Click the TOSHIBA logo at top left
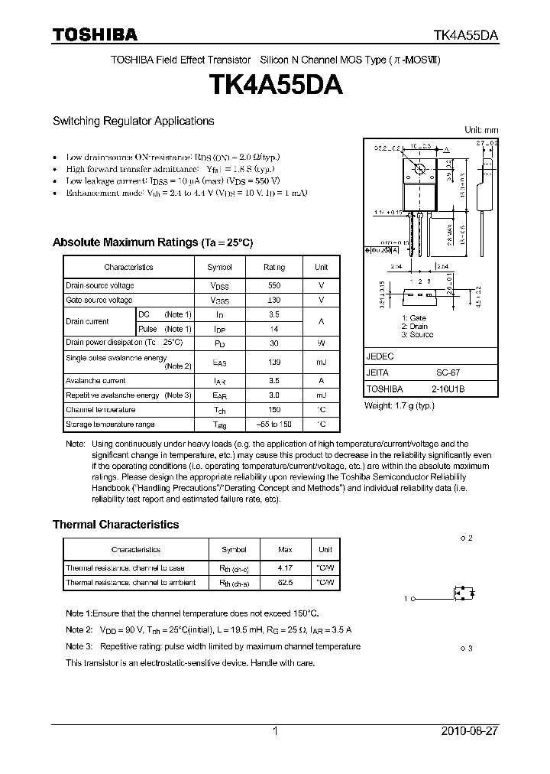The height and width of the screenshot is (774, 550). (x=95, y=34)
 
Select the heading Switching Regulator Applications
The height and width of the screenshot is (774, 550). (x=133, y=121)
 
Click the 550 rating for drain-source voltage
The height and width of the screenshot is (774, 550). (x=273, y=285)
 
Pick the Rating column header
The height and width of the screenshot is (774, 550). (x=273, y=267)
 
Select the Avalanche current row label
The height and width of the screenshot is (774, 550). (x=95, y=380)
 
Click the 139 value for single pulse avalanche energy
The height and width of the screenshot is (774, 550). (x=273, y=362)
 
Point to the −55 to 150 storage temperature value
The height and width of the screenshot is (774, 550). (x=273, y=424)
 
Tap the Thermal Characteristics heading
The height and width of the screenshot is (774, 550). (x=115, y=525)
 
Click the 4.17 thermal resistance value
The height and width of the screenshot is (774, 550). (x=285, y=567)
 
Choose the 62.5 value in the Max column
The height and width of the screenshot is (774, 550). (x=285, y=582)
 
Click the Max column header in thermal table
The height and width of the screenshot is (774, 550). (x=285, y=549)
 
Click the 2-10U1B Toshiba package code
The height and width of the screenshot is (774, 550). (x=448, y=389)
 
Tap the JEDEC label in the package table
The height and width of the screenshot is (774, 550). (x=380, y=357)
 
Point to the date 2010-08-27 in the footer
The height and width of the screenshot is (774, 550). (x=470, y=731)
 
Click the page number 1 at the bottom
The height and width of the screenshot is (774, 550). (x=275, y=731)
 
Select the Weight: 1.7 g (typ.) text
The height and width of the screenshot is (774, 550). (x=399, y=405)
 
